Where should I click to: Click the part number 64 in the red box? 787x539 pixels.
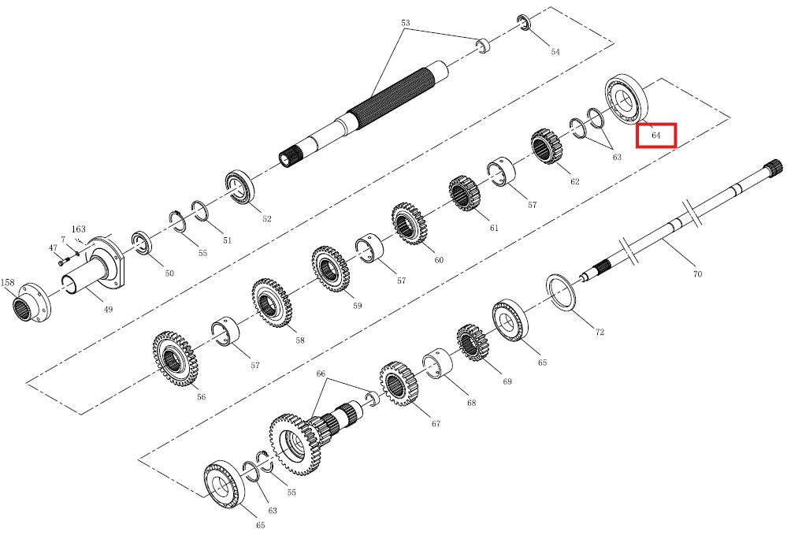(x=656, y=136)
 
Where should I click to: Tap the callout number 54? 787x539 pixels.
(x=555, y=52)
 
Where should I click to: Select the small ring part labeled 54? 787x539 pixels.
(x=524, y=22)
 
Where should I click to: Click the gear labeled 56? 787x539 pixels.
(x=175, y=359)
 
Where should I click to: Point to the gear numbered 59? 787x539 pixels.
(x=330, y=269)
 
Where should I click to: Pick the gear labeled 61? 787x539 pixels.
(x=465, y=193)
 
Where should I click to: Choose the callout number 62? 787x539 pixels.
(x=574, y=182)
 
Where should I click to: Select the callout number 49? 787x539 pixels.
(x=109, y=310)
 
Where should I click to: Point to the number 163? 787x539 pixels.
(x=78, y=229)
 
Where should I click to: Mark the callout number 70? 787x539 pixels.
(x=697, y=274)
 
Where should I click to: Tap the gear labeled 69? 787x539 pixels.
(x=473, y=343)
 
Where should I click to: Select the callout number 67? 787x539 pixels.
(x=436, y=424)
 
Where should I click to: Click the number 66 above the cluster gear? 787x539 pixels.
(x=321, y=374)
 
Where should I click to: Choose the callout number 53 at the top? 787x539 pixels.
(x=406, y=23)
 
